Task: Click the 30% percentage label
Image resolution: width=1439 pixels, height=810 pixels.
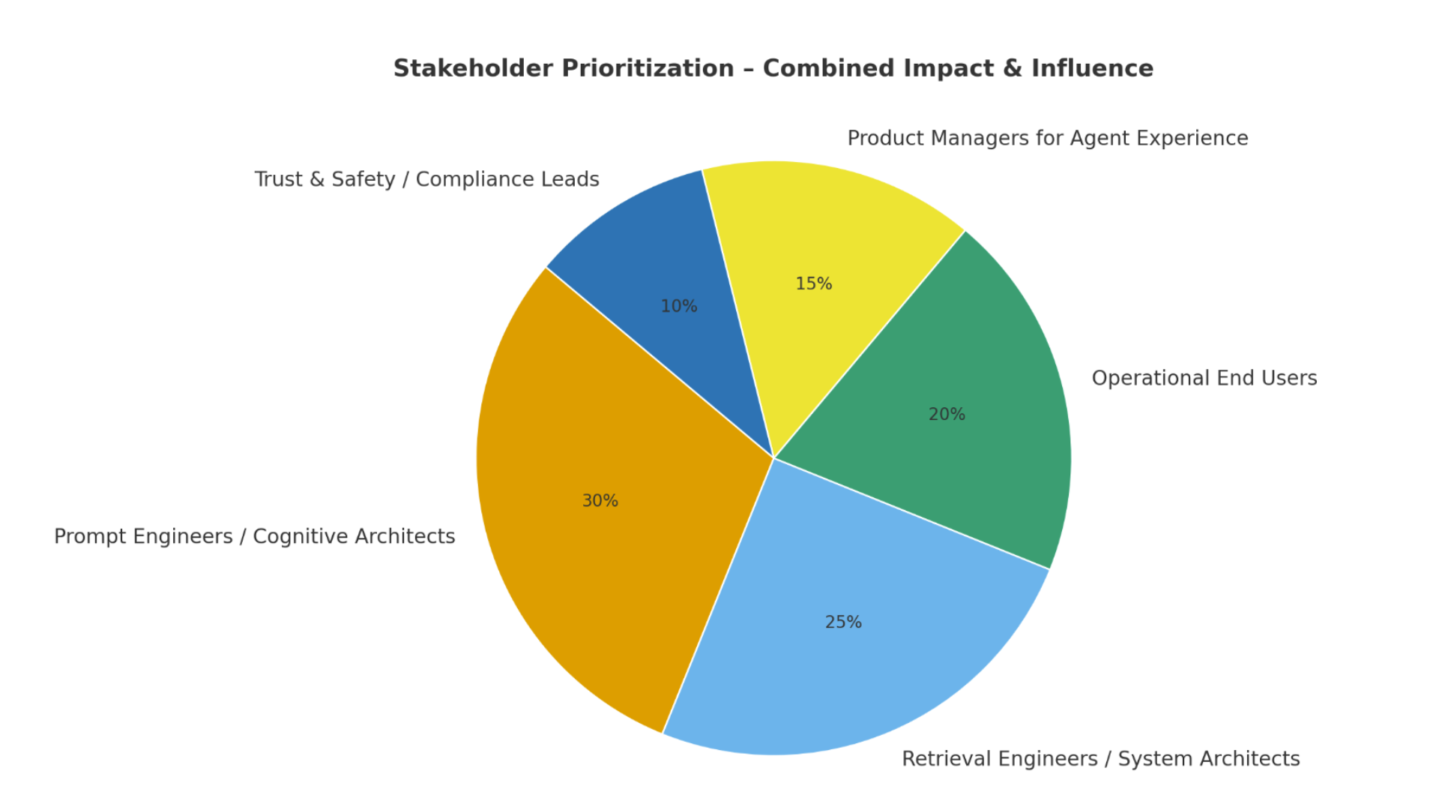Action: click(600, 501)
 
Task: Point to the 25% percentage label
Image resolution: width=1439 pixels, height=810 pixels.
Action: click(843, 622)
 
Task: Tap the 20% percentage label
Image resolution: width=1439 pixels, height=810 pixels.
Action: click(947, 415)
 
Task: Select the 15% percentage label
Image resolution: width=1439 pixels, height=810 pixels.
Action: click(814, 284)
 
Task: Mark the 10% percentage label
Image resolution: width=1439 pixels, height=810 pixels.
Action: click(679, 307)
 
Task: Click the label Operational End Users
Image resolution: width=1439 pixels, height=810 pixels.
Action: click(1204, 379)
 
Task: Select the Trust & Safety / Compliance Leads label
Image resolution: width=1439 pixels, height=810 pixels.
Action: click(426, 180)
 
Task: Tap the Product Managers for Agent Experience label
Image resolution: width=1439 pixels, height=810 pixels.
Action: click(1047, 139)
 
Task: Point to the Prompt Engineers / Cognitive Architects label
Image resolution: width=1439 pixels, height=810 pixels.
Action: click(254, 537)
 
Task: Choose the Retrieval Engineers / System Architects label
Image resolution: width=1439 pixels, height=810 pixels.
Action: click(1100, 759)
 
